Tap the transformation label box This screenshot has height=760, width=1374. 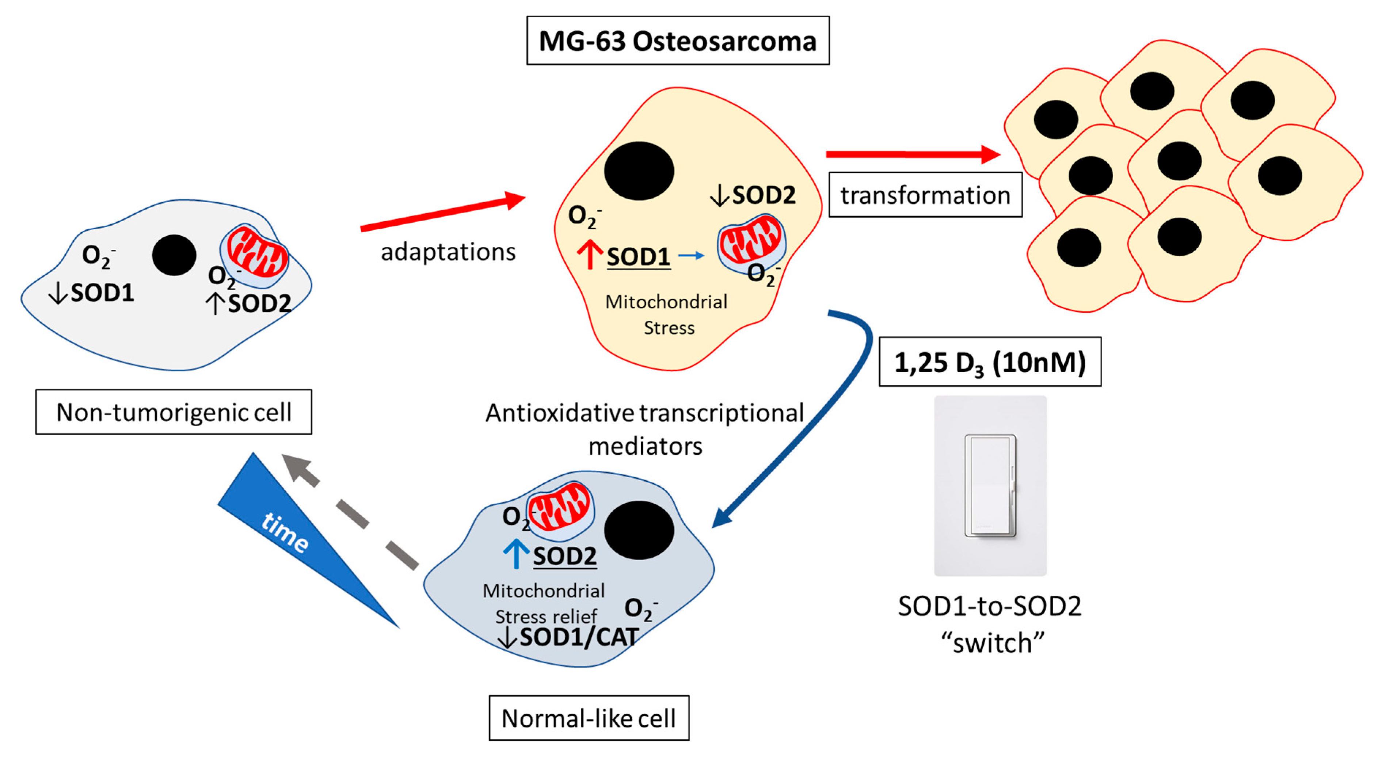pyautogui.click(x=925, y=195)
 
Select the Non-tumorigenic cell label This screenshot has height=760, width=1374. pyautogui.click(x=174, y=412)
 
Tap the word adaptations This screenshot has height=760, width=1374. pyautogui.click(x=448, y=252)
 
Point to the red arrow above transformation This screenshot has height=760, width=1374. pyautogui.click(x=912, y=154)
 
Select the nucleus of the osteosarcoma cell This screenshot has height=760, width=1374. pyautogui.click(x=639, y=171)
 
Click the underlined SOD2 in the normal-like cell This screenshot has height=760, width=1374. pyautogui.click(x=564, y=556)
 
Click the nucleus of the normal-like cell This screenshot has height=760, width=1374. pyautogui.click(x=639, y=530)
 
